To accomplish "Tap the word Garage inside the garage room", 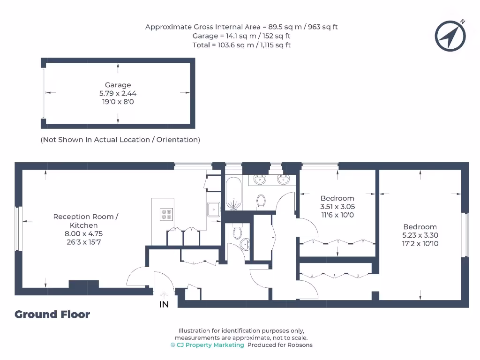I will coord(118,85).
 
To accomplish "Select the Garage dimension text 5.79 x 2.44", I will coord(118,93).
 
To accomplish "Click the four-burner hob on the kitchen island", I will coord(166,214).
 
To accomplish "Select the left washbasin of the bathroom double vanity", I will coord(259,179).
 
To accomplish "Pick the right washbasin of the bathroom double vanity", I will coord(283,179).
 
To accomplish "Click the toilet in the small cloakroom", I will coord(237,232).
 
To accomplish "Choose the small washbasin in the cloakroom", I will coord(245,245).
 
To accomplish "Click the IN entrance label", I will coord(164,305).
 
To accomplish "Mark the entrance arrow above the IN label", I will coord(164,292).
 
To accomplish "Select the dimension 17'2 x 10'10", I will coord(420,244).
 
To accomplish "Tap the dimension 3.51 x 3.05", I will coord(337,206).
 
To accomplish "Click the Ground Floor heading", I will coord(52,315).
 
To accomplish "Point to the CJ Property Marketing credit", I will coord(207,345).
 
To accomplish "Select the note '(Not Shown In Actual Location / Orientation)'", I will coord(120,140).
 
